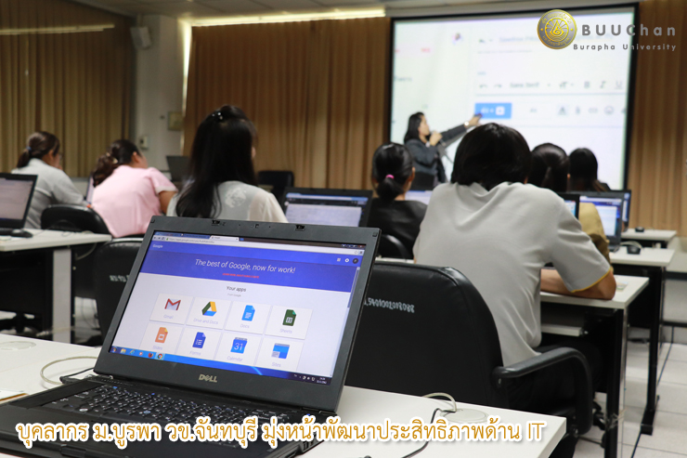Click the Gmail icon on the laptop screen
[173, 305]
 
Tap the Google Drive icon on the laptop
[210, 308]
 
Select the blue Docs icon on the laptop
[249, 313]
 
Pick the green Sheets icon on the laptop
[289, 318]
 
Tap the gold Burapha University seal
[557, 29]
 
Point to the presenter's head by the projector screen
[414, 124]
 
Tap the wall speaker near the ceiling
[140, 36]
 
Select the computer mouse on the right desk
[633, 248]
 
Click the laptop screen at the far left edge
[14, 199]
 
